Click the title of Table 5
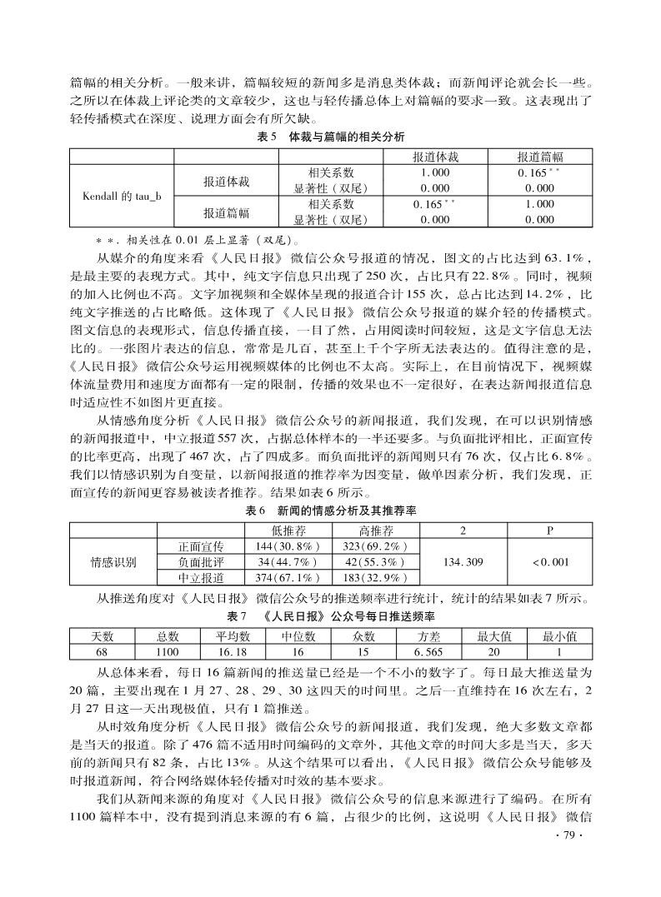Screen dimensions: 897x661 331,136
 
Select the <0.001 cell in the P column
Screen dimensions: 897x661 548,561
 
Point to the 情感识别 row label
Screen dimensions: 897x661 113,561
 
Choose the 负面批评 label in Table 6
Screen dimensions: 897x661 201,561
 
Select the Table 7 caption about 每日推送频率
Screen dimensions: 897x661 331,616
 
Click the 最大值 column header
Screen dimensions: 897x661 493,636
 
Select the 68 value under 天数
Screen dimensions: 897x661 101,651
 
